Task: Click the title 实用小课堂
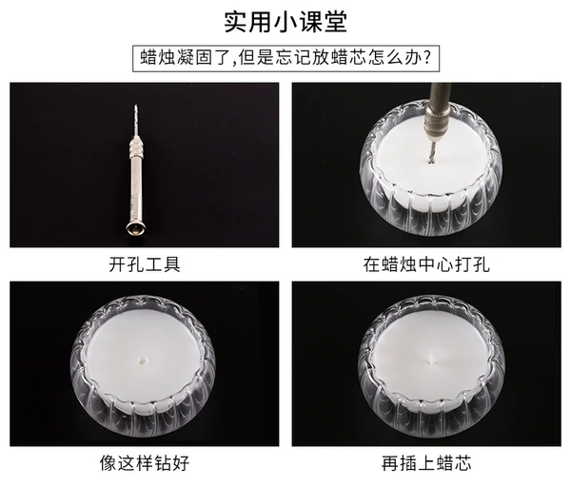click(285, 22)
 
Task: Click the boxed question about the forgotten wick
click(285, 58)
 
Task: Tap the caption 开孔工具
click(145, 264)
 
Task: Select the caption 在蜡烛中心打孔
click(426, 264)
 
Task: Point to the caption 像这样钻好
click(145, 463)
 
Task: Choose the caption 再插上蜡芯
click(426, 463)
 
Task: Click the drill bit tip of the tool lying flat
click(136, 107)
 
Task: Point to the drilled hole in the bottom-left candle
click(142, 360)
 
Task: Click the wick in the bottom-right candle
click(431, 357)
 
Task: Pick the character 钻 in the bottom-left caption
click(163, 463)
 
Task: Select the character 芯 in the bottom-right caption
click(463, 463)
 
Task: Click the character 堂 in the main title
click(335, 22)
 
